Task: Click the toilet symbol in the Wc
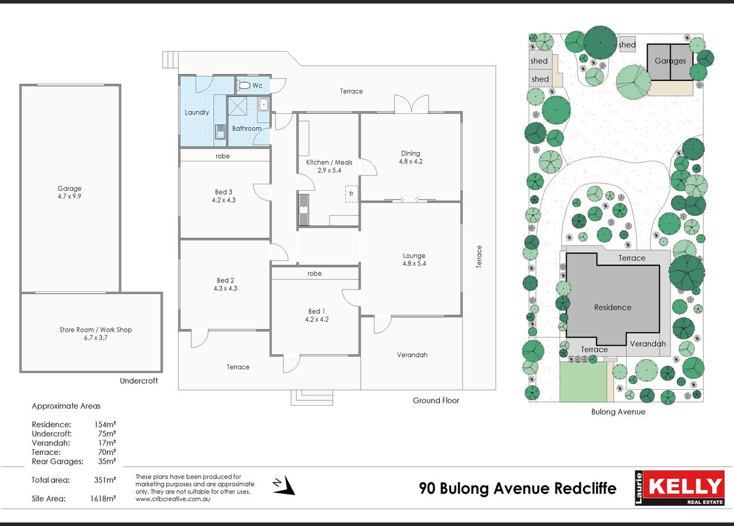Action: click(243, 86)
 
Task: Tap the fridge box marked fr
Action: click(351, 194)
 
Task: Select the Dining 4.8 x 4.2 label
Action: click(410, 157)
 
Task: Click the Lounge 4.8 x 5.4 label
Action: click(414, 259)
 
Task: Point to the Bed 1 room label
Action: click(317, 315)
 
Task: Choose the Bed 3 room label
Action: click(224, 196)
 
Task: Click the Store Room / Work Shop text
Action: click(95, 329)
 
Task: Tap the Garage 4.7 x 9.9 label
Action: click(69, 192)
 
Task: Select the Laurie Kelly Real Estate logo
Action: click(679, 488)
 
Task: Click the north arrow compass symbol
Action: click(284, 485)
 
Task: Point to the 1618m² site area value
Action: click(103, 498)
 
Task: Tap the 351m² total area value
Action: click(105, 480)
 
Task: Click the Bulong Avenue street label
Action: click(618, 412)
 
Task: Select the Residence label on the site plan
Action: click(613, 307)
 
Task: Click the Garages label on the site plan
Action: click(670, 61)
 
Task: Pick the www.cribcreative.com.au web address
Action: click(173, 499)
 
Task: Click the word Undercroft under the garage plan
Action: click(139, 380)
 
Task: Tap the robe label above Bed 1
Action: click(314, 274)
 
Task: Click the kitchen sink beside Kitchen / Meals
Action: click(304, 210)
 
